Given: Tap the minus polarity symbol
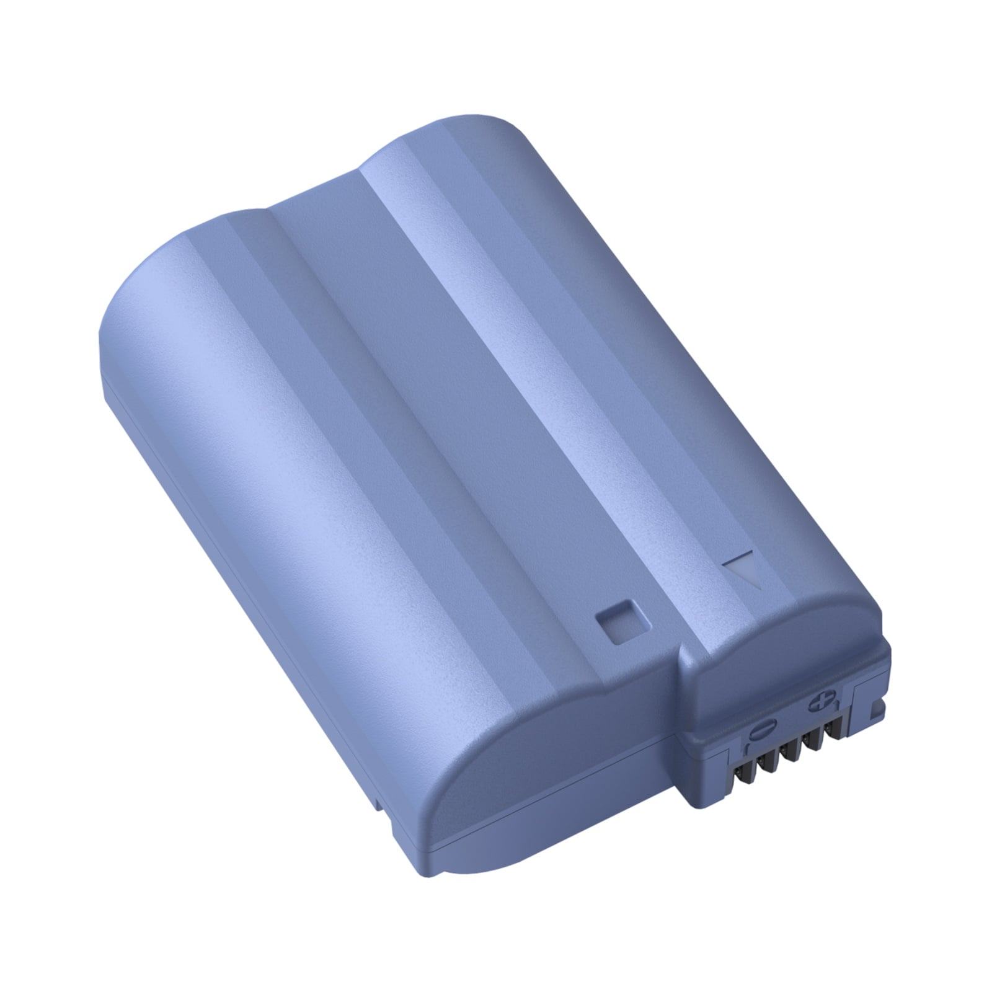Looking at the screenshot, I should (763, 728).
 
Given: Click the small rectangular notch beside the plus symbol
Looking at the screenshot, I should (877, 711).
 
